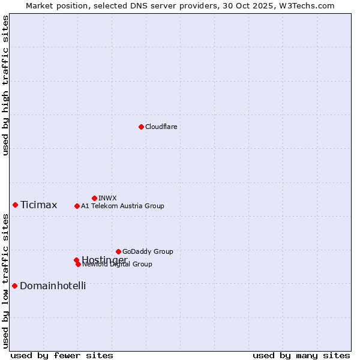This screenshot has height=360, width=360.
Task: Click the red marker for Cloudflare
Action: [x=141, y=127]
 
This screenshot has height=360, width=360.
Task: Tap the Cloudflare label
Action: [x=161, y=127]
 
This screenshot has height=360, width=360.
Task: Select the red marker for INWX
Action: [x=94, y=198]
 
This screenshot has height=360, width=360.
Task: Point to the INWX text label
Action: [x=107, y=198]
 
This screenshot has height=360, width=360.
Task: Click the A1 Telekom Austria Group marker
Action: [x=77, y=206]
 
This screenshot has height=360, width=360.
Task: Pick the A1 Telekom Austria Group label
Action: [x=122, y=206]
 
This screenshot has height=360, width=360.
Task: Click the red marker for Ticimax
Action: [x=15, y=205]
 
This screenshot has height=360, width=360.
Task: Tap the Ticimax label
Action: [x=38, y=205]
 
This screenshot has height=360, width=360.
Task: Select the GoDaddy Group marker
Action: [x=118, y=251]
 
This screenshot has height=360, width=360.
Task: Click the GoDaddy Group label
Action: [x=148, y=251]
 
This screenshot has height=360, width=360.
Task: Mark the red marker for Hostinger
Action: [x=76, y=260]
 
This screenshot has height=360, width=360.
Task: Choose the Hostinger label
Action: [x=104, y=260]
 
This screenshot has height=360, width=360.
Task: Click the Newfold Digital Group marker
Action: [x=78, y=264]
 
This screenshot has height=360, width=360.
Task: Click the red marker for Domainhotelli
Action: [x=14, y=286]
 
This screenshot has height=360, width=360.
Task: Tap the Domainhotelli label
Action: [x=53, y=286]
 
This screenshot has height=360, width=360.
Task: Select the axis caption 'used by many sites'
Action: [x=301, y=355]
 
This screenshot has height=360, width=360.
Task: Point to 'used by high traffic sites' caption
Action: [x=5, y=85]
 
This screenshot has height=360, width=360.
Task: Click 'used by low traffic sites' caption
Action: [x=5, y=281]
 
